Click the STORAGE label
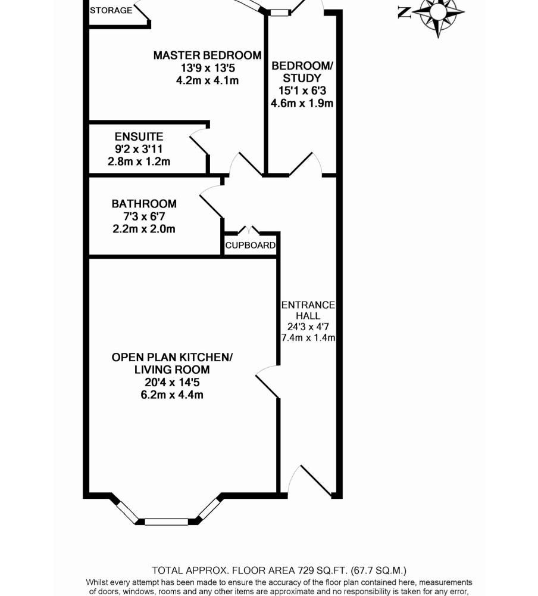click(x=111, y=11)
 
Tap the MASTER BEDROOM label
click(x=207, y=55)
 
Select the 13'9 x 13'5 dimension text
click(x=208, y=68)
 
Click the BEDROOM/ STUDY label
click(x=302, y=72)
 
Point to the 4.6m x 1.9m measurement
click(x=302, y=103)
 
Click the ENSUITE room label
click(x=139, y=136)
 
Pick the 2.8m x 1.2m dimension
click(x=139, y=162)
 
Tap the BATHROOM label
click(x=144, y=204)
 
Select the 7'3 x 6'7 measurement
click(x=144, y=216)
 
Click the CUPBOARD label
click(x=250, y=245)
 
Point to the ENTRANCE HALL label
click(x=308, y=310)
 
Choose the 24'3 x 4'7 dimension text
click(x=308, y=327)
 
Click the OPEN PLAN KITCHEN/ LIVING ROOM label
click(x=172, y=364)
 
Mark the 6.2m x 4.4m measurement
click(x=172, y=395)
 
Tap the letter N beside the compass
click(x=405, y=13)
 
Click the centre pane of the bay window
click(x=166, y=522)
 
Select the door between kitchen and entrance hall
click(x=268, y=381)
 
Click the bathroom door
click(x=211, y=201)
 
